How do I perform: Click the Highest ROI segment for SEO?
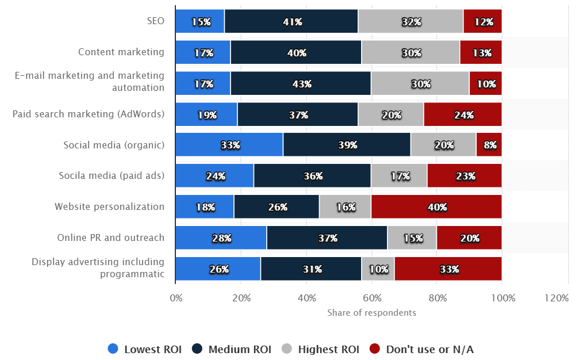coord(411,21)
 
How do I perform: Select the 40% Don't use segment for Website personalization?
coord(436,206)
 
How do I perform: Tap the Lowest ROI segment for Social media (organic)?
coord(229,145)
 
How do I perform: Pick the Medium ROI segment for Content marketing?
coord(296,52)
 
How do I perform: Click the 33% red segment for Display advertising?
coord(448,269)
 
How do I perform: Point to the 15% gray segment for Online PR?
coord(412,238)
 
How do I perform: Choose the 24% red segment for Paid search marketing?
coord(462,114)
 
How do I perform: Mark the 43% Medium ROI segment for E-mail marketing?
coord(300,83)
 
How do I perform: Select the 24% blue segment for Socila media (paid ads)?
coord(214,176)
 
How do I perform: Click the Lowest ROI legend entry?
coord(145,349)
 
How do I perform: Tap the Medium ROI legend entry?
coord(232,349)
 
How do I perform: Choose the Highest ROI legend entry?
coord(320,349)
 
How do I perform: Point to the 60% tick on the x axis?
coord(372,298)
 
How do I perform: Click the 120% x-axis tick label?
coord(557,298)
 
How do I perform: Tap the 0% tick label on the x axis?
coord(176,298)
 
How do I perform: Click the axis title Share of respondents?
coord(371,313)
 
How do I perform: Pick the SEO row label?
coord(155,21)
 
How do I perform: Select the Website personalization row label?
coord(109,206)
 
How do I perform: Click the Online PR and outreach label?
coord(110,238)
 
